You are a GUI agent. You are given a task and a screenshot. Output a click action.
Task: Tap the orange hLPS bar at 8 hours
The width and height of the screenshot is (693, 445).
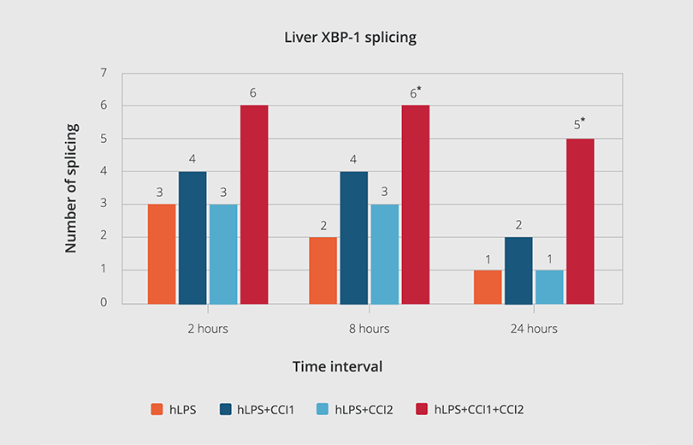coord(323,270)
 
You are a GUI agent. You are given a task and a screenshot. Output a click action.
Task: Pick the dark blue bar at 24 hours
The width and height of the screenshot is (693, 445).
coord(518,270)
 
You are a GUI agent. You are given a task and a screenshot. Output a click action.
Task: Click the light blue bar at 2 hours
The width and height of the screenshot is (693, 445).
coord(223,253)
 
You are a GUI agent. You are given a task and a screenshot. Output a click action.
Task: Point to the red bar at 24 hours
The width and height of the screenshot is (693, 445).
coord(580,221)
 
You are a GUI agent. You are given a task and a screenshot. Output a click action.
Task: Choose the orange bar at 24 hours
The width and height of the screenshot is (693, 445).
coord(488,286)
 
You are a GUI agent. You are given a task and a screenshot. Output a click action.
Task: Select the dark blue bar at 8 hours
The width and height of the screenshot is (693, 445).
coord(354,237)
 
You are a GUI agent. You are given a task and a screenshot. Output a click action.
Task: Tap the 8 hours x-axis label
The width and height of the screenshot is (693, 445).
coord(370,329)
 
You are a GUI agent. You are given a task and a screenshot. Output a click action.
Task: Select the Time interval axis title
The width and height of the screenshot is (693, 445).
coord(337,366)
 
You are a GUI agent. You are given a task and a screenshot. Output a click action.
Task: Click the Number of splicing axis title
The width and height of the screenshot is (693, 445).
coord(72,188)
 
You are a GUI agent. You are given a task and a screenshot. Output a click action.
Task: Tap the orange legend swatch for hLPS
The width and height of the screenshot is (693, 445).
coord(157,409)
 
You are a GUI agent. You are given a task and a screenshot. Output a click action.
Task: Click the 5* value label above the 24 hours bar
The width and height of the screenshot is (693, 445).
coord(581,125)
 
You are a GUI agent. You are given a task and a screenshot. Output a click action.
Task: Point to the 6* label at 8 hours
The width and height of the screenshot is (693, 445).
coord(416,92)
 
